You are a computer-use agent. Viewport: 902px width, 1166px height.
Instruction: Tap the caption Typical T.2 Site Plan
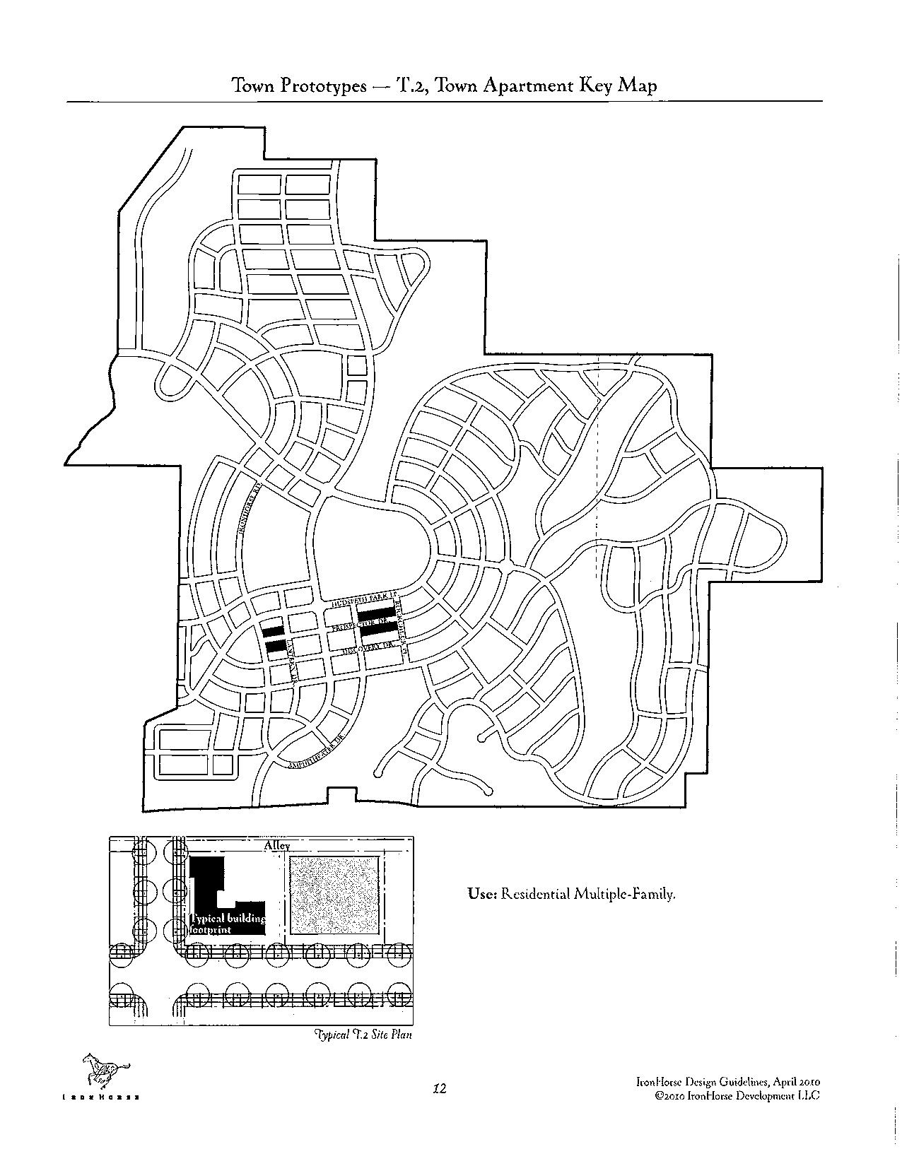(363, 1035)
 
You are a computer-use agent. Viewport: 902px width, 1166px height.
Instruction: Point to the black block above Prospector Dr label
(375, 613)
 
